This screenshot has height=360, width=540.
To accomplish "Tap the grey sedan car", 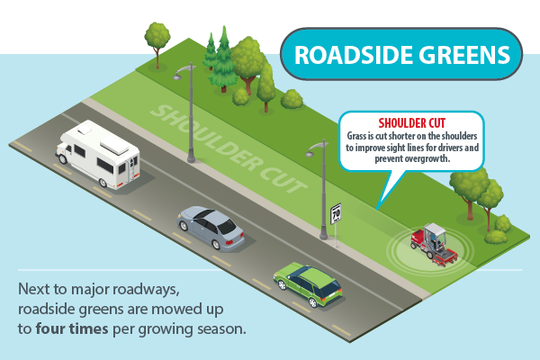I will (211, 227).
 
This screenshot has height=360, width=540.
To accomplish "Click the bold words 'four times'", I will (71, 328).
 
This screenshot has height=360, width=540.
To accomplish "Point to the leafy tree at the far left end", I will (157, 35).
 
